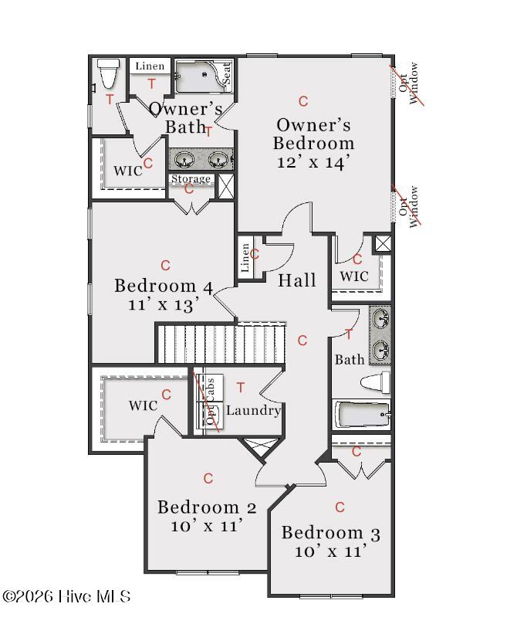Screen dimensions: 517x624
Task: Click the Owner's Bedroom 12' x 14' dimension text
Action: tap(313, 162)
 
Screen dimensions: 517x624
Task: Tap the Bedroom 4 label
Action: tap(164, 286)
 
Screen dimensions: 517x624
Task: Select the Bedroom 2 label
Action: tap(207, 507)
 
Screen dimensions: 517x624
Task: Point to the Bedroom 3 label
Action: tap(331, 534)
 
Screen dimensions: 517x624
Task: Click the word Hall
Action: tap(297, 280)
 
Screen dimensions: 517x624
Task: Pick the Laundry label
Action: tap(253, 410)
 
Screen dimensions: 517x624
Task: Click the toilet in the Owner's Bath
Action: tap(108, 73)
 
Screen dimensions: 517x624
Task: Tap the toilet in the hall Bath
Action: tap(376, 382)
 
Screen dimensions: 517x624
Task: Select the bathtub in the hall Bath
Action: tap(362, 415)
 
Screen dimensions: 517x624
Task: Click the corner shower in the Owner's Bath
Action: tap(203, 76)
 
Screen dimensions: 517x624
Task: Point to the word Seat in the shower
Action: tap(226, 73)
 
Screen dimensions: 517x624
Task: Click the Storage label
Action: tap(191, 178)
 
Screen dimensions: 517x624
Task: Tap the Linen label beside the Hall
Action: tap(245, 258)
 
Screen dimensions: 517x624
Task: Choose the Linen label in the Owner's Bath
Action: tap(150, 66)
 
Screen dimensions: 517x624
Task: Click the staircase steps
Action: tap(221, 344)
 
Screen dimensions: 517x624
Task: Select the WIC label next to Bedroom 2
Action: tap(144, 406)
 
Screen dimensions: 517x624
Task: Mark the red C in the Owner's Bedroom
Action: tap(303, 101)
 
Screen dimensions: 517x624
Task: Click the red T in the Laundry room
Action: tap(240, 387)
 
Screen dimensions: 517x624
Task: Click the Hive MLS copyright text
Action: tap(66, 596)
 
